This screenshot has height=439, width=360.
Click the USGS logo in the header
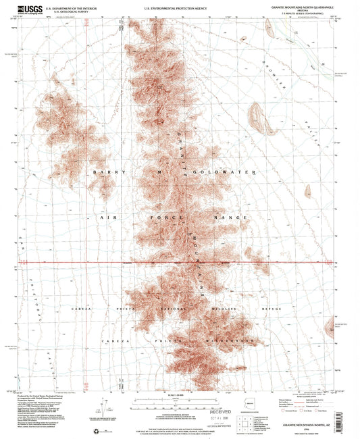pyautogui.click(x=30, y=9)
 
